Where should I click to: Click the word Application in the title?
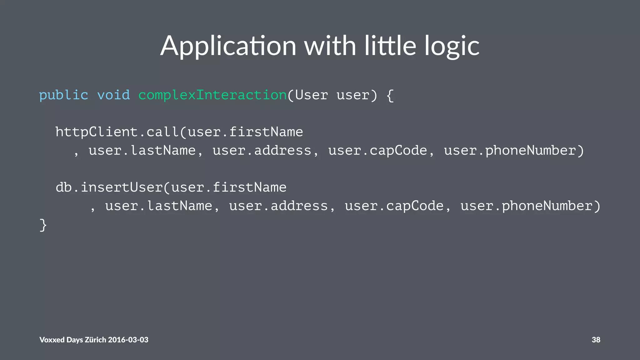click(228, 46)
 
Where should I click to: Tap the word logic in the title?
click(452, 46)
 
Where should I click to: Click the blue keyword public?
click(63, 95)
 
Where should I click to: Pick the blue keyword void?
click(113, 95)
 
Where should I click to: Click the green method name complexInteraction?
click(212, 95)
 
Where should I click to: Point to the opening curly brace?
click(390, 95)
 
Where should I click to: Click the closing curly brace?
click(43, 225)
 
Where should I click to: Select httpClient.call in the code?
click(117, 132)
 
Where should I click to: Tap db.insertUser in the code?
click(109, 187)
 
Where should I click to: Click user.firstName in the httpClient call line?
click(246, 132)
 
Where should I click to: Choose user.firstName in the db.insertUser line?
click(229, 187)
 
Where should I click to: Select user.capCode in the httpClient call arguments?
click(377, 151)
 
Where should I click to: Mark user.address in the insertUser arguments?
click(278, 206)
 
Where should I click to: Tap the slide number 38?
click(596, 340)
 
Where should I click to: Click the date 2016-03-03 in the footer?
click(128, 340)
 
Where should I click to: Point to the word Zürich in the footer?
click(96, 340)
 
